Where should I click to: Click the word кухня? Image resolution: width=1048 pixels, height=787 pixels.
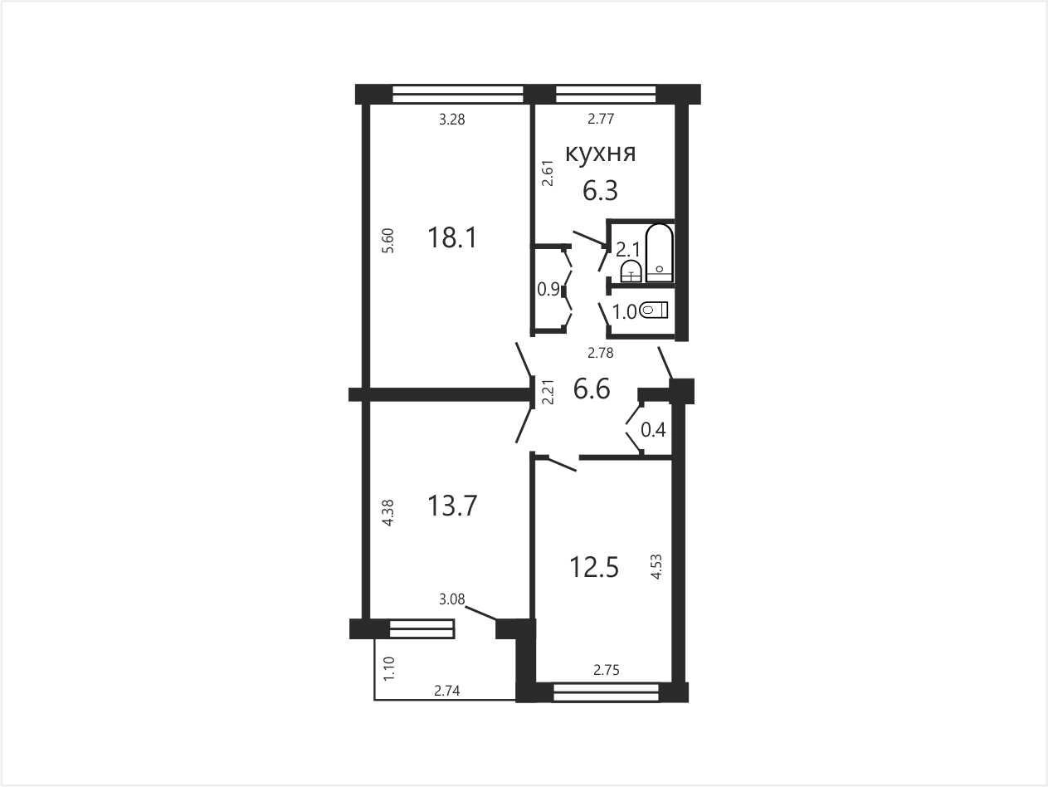click(x=600, y=154)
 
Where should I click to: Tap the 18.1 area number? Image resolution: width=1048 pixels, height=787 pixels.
click(x=452, y=237)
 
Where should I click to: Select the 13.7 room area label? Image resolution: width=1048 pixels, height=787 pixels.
click(x=452, y=506)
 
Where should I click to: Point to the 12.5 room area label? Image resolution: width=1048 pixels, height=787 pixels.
click(x=594, y=567)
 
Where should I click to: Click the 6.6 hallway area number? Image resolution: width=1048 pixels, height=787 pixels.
click(x=592, y=389)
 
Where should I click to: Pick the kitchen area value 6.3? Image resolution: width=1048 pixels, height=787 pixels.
click(x=600, y=190)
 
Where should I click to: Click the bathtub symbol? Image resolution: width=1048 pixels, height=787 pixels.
click(x=660, y=252)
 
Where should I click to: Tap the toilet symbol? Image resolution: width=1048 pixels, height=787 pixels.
click(x=653, y=310)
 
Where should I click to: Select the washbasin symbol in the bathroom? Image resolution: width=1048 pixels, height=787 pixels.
click(x=631, y=271)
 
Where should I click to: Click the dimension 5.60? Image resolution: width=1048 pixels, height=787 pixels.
click(x=389, y=241)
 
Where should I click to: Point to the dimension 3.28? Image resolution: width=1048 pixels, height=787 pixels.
click(x=451, y=120)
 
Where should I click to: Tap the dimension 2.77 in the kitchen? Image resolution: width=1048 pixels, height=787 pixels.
click(x=601, y=119)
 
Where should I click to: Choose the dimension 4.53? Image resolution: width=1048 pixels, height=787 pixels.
click(x=657, y=566)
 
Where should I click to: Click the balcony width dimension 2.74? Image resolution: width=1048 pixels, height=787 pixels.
click(x=447, y=691)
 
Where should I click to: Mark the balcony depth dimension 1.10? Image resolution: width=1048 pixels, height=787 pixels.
click(x=389, y=668)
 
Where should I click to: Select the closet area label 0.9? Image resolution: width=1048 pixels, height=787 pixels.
click(x=548, y=289)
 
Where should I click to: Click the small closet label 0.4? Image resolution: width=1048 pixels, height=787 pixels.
click(x=653, y=430)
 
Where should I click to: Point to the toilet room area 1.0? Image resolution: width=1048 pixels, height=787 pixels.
click(x=625, y=312)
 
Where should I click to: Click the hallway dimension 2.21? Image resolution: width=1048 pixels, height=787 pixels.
click(x=548, y=392)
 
